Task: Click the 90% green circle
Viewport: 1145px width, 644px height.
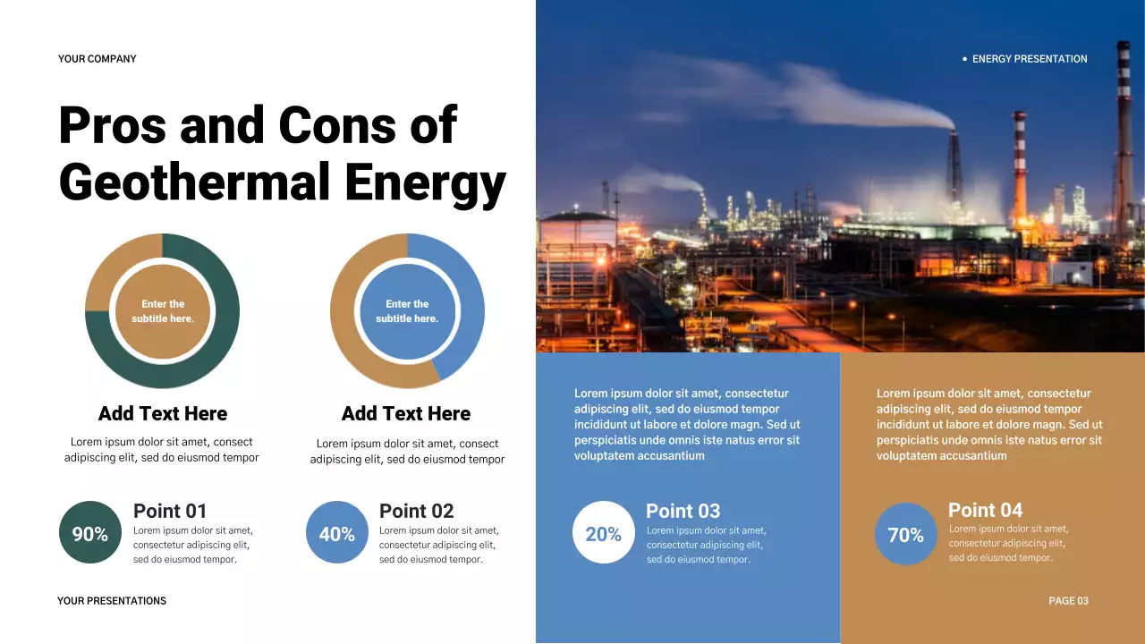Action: tap(89, 533)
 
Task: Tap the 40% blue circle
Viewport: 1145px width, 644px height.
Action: tap(337, 533)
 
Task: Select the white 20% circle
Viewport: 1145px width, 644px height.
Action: tap(603, 533)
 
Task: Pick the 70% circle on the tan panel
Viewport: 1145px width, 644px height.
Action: tap(905, 534)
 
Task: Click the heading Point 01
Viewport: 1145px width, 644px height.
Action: tap(170, 511)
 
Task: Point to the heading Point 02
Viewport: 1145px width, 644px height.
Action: tap(416, 511)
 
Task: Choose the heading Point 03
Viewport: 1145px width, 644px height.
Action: tap(683, 511)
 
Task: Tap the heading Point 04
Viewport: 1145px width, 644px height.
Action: tap(985, 510)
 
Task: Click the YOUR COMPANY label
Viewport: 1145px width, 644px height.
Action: tap(98, 59)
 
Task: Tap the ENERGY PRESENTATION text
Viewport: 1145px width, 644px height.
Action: tap(1030, 59)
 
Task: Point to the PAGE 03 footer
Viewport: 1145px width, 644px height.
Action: tap(1068, 601)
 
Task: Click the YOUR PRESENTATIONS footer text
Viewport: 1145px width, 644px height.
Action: tap(112, 601)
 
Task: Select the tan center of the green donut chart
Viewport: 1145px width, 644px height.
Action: tap(162, 311)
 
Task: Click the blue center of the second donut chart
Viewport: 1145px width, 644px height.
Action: tap(407, 311)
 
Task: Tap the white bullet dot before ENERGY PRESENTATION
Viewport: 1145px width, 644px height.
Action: tap(964, 59)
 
